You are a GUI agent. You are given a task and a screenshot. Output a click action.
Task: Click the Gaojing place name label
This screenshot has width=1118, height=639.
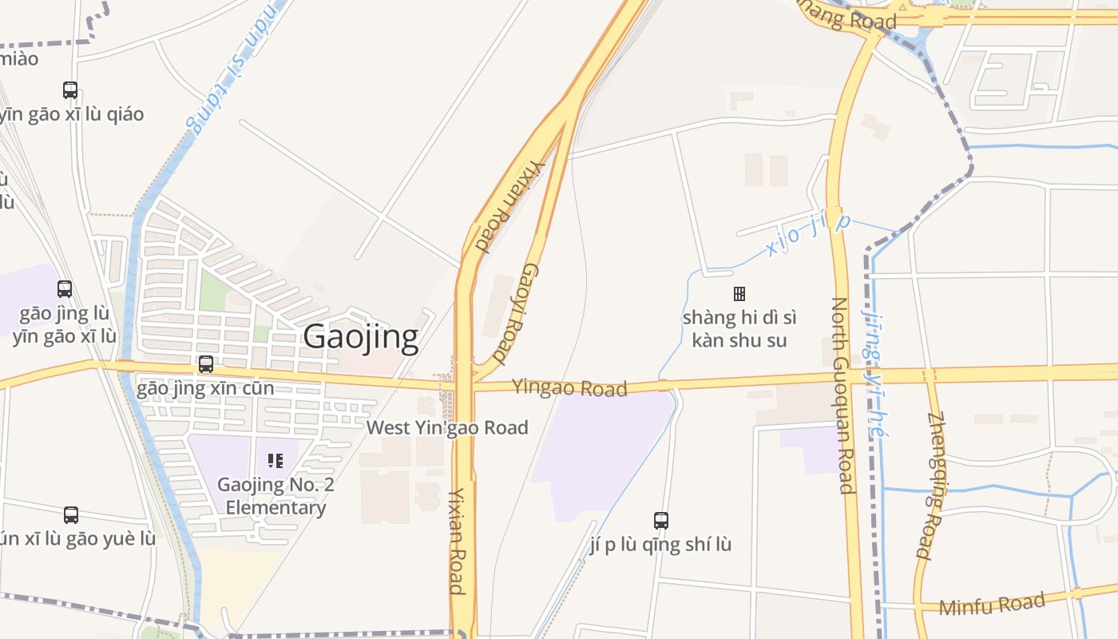point(360,337)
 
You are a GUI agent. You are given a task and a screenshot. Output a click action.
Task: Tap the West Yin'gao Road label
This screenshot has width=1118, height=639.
point(447,427)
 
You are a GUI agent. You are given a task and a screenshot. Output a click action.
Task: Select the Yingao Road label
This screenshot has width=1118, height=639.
point(569,387)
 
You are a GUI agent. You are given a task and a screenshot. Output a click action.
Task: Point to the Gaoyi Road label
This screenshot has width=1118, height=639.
point(515,313)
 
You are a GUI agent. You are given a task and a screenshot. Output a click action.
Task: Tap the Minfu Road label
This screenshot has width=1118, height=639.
point(992,604)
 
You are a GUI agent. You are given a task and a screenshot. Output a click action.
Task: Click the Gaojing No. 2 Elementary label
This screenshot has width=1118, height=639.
point(276,496)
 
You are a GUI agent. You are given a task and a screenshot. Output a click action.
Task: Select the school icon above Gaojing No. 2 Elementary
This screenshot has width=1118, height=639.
point(276,460)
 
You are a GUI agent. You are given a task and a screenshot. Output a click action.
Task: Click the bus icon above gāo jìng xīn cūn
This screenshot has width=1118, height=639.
point(206,364)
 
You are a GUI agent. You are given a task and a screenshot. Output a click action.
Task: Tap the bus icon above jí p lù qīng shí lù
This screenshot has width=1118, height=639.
point(661,521)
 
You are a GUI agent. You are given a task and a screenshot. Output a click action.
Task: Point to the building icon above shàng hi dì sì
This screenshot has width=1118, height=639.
point(739,294)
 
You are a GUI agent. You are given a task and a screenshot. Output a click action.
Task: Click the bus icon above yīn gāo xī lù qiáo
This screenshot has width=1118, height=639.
point(70,90)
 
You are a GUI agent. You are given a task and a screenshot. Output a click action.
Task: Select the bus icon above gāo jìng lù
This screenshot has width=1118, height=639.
point(65,289)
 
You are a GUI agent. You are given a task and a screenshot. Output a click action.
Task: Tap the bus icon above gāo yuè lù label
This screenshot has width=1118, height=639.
point(71,515)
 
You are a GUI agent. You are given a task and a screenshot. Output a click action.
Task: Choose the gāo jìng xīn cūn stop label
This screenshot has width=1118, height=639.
point(205,389)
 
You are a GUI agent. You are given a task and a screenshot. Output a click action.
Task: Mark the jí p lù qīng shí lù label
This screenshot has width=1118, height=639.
point(660,545)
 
